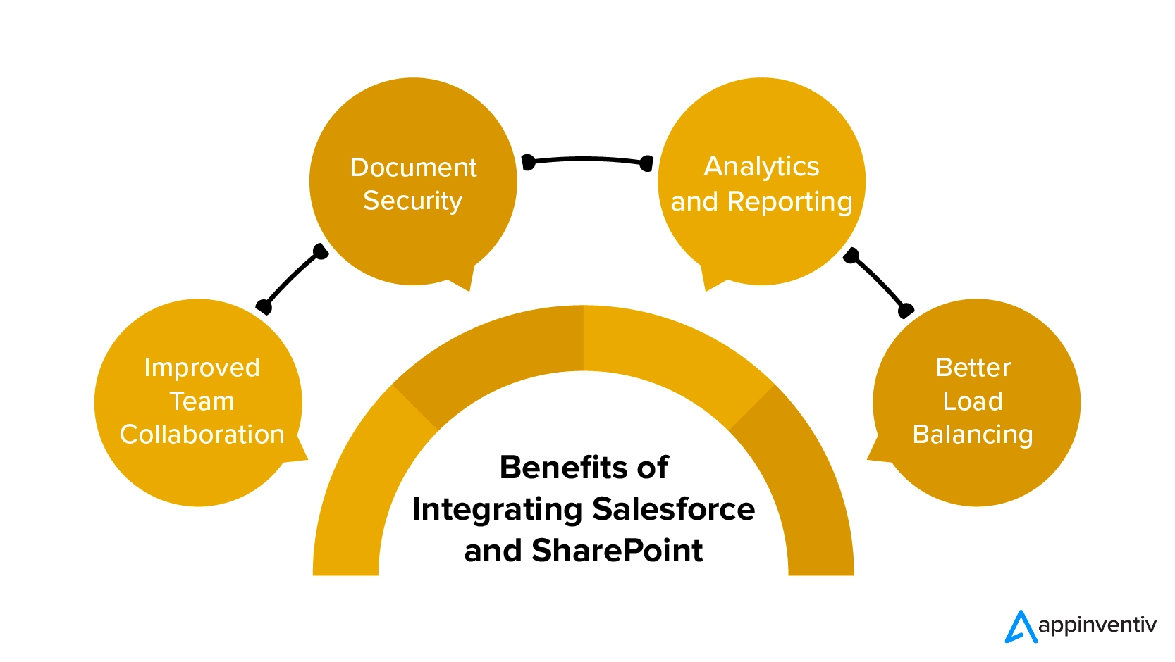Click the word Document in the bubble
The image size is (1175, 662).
413,168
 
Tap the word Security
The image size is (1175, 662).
412,201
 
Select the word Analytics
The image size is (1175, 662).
761,167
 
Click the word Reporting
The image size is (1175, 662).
789,202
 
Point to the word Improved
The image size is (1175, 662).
202,368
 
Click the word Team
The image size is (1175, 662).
202,401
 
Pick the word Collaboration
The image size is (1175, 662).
202,435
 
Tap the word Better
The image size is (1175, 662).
973,368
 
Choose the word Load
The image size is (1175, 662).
973,401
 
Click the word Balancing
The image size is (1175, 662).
973,435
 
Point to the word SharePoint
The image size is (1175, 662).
617,551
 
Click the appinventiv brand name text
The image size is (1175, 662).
1097,625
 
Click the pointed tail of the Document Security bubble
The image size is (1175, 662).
462,280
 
